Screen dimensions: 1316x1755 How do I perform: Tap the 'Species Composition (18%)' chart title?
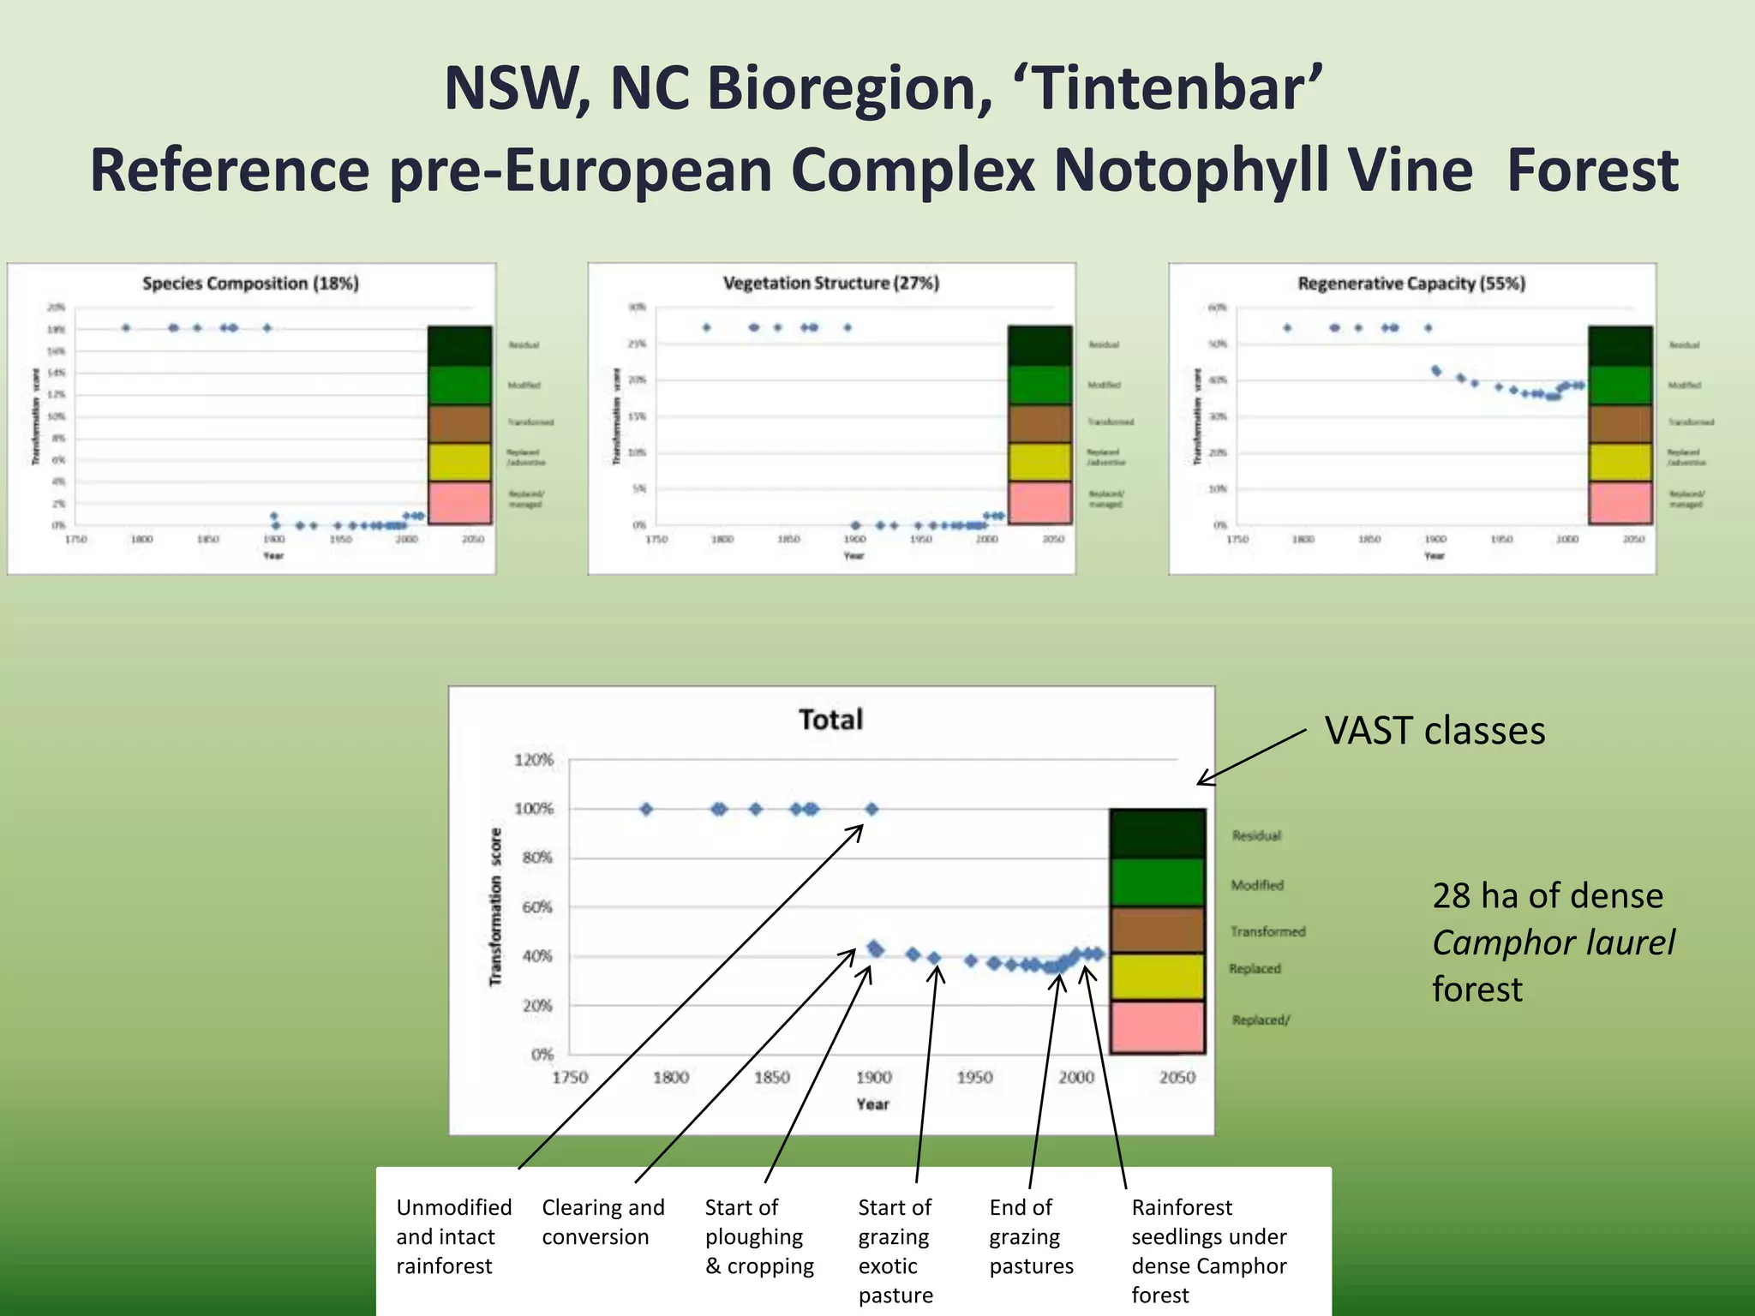250,284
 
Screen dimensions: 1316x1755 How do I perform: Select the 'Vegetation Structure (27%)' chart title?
830,284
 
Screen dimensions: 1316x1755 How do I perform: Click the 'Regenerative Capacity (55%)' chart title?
1411,284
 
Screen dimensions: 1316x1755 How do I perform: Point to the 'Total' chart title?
830,720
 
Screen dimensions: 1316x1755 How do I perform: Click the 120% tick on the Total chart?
533,760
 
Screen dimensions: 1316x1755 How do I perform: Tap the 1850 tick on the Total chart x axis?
771,1078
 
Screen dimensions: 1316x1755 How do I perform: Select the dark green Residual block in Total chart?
1157,834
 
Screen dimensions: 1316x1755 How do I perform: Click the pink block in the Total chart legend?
1157,1027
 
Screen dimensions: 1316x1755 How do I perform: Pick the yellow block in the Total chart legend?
1157,977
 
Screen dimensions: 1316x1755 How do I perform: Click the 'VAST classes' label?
1435,732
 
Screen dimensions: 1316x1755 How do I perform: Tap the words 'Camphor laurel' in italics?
1553,943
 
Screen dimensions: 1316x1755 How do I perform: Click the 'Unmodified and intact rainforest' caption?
452,1236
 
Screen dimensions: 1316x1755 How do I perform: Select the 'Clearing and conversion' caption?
602,1222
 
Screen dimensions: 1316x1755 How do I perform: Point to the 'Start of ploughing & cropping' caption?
758,1236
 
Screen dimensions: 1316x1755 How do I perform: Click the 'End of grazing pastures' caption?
1030,1236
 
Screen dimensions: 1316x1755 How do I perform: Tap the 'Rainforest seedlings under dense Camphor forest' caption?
1208,1251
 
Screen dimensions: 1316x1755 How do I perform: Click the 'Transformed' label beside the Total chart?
1267,931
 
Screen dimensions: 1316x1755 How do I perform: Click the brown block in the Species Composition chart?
459,424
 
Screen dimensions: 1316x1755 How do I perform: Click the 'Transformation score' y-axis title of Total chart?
495,906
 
